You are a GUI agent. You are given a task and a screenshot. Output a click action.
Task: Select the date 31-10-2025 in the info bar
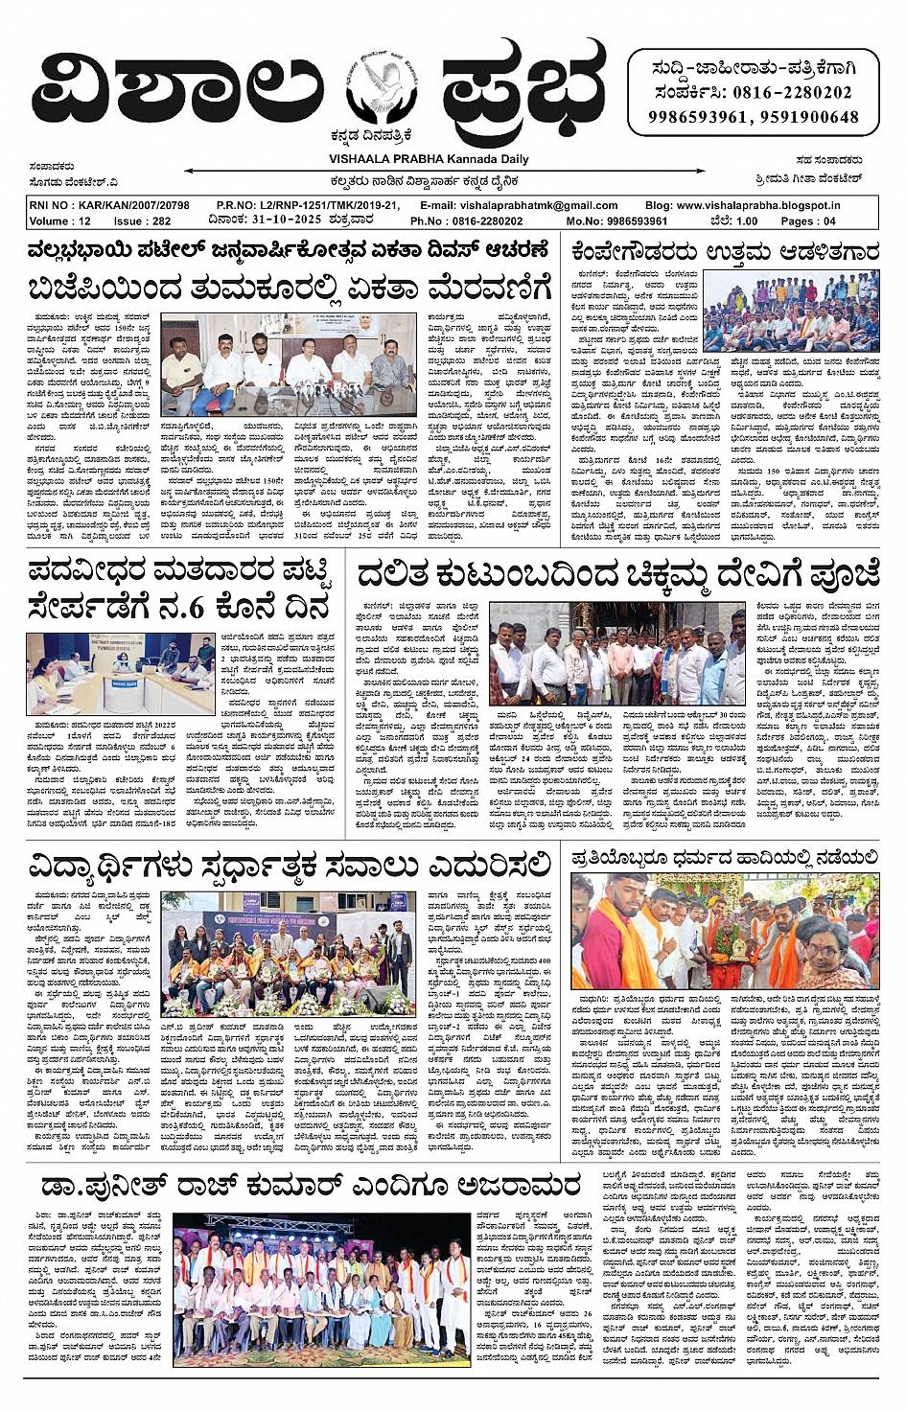pos(285,220)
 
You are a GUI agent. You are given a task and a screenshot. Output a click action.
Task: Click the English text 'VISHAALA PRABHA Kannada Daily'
pos(428,159)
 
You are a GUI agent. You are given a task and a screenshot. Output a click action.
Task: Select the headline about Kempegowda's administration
pos(724,253)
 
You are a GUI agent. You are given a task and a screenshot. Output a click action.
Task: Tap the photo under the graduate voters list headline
pos(121,673)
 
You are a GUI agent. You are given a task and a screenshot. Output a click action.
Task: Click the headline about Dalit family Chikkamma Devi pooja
pos(618,575)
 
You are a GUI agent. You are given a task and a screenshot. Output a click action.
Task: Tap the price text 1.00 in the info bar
pos(746,220)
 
